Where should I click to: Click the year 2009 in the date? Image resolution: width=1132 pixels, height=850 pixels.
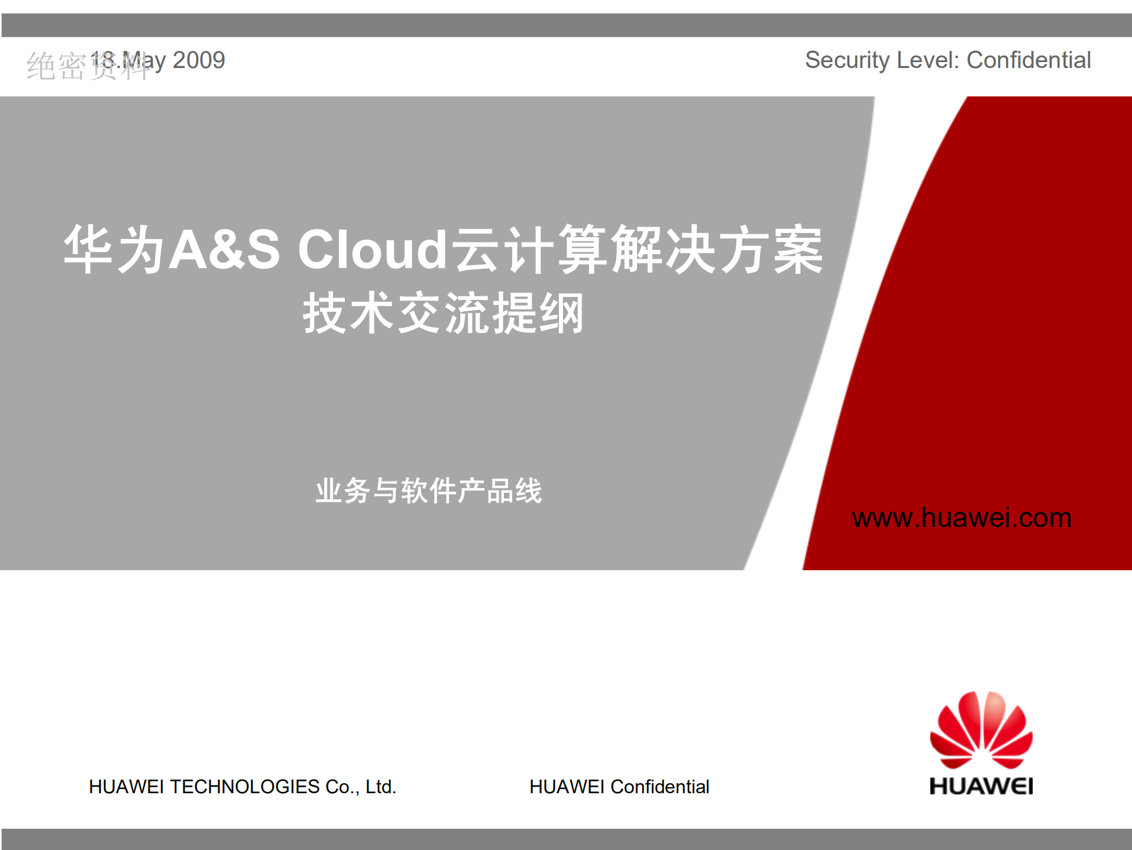199,60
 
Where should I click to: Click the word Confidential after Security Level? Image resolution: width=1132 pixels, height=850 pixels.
1028,60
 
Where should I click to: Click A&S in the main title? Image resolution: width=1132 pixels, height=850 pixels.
225,250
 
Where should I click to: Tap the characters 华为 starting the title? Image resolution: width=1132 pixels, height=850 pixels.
114,250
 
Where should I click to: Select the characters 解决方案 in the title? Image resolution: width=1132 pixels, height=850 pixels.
717,250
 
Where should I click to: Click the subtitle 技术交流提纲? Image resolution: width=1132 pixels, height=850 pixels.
444,313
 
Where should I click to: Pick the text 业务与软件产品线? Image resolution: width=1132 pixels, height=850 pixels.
429,490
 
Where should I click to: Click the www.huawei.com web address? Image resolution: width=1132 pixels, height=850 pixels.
962,518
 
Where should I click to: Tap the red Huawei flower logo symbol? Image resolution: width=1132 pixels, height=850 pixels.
981,730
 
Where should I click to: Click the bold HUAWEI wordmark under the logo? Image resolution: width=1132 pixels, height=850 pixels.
981,786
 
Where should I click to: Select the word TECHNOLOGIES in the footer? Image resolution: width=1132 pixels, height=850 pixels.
245,787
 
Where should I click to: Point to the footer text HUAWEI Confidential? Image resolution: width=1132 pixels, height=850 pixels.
619,787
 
